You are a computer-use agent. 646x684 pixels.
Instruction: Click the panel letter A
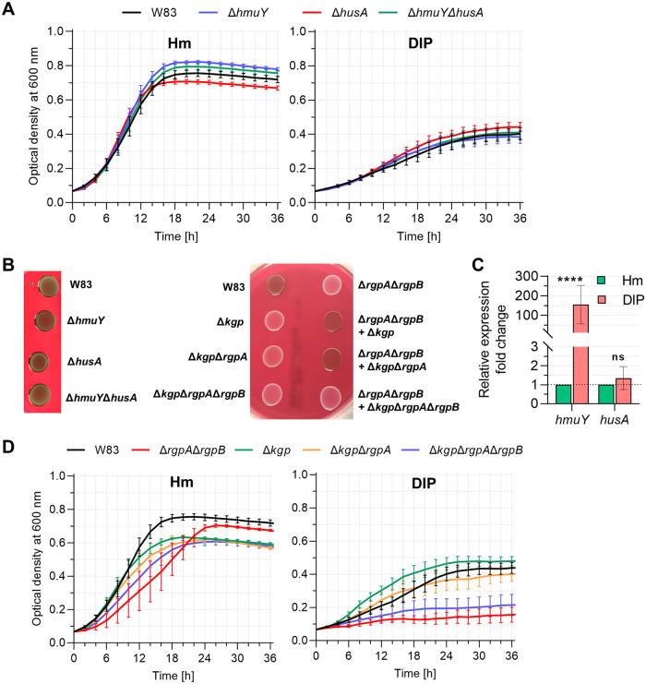pyautogui.click(x=9, y=10)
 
